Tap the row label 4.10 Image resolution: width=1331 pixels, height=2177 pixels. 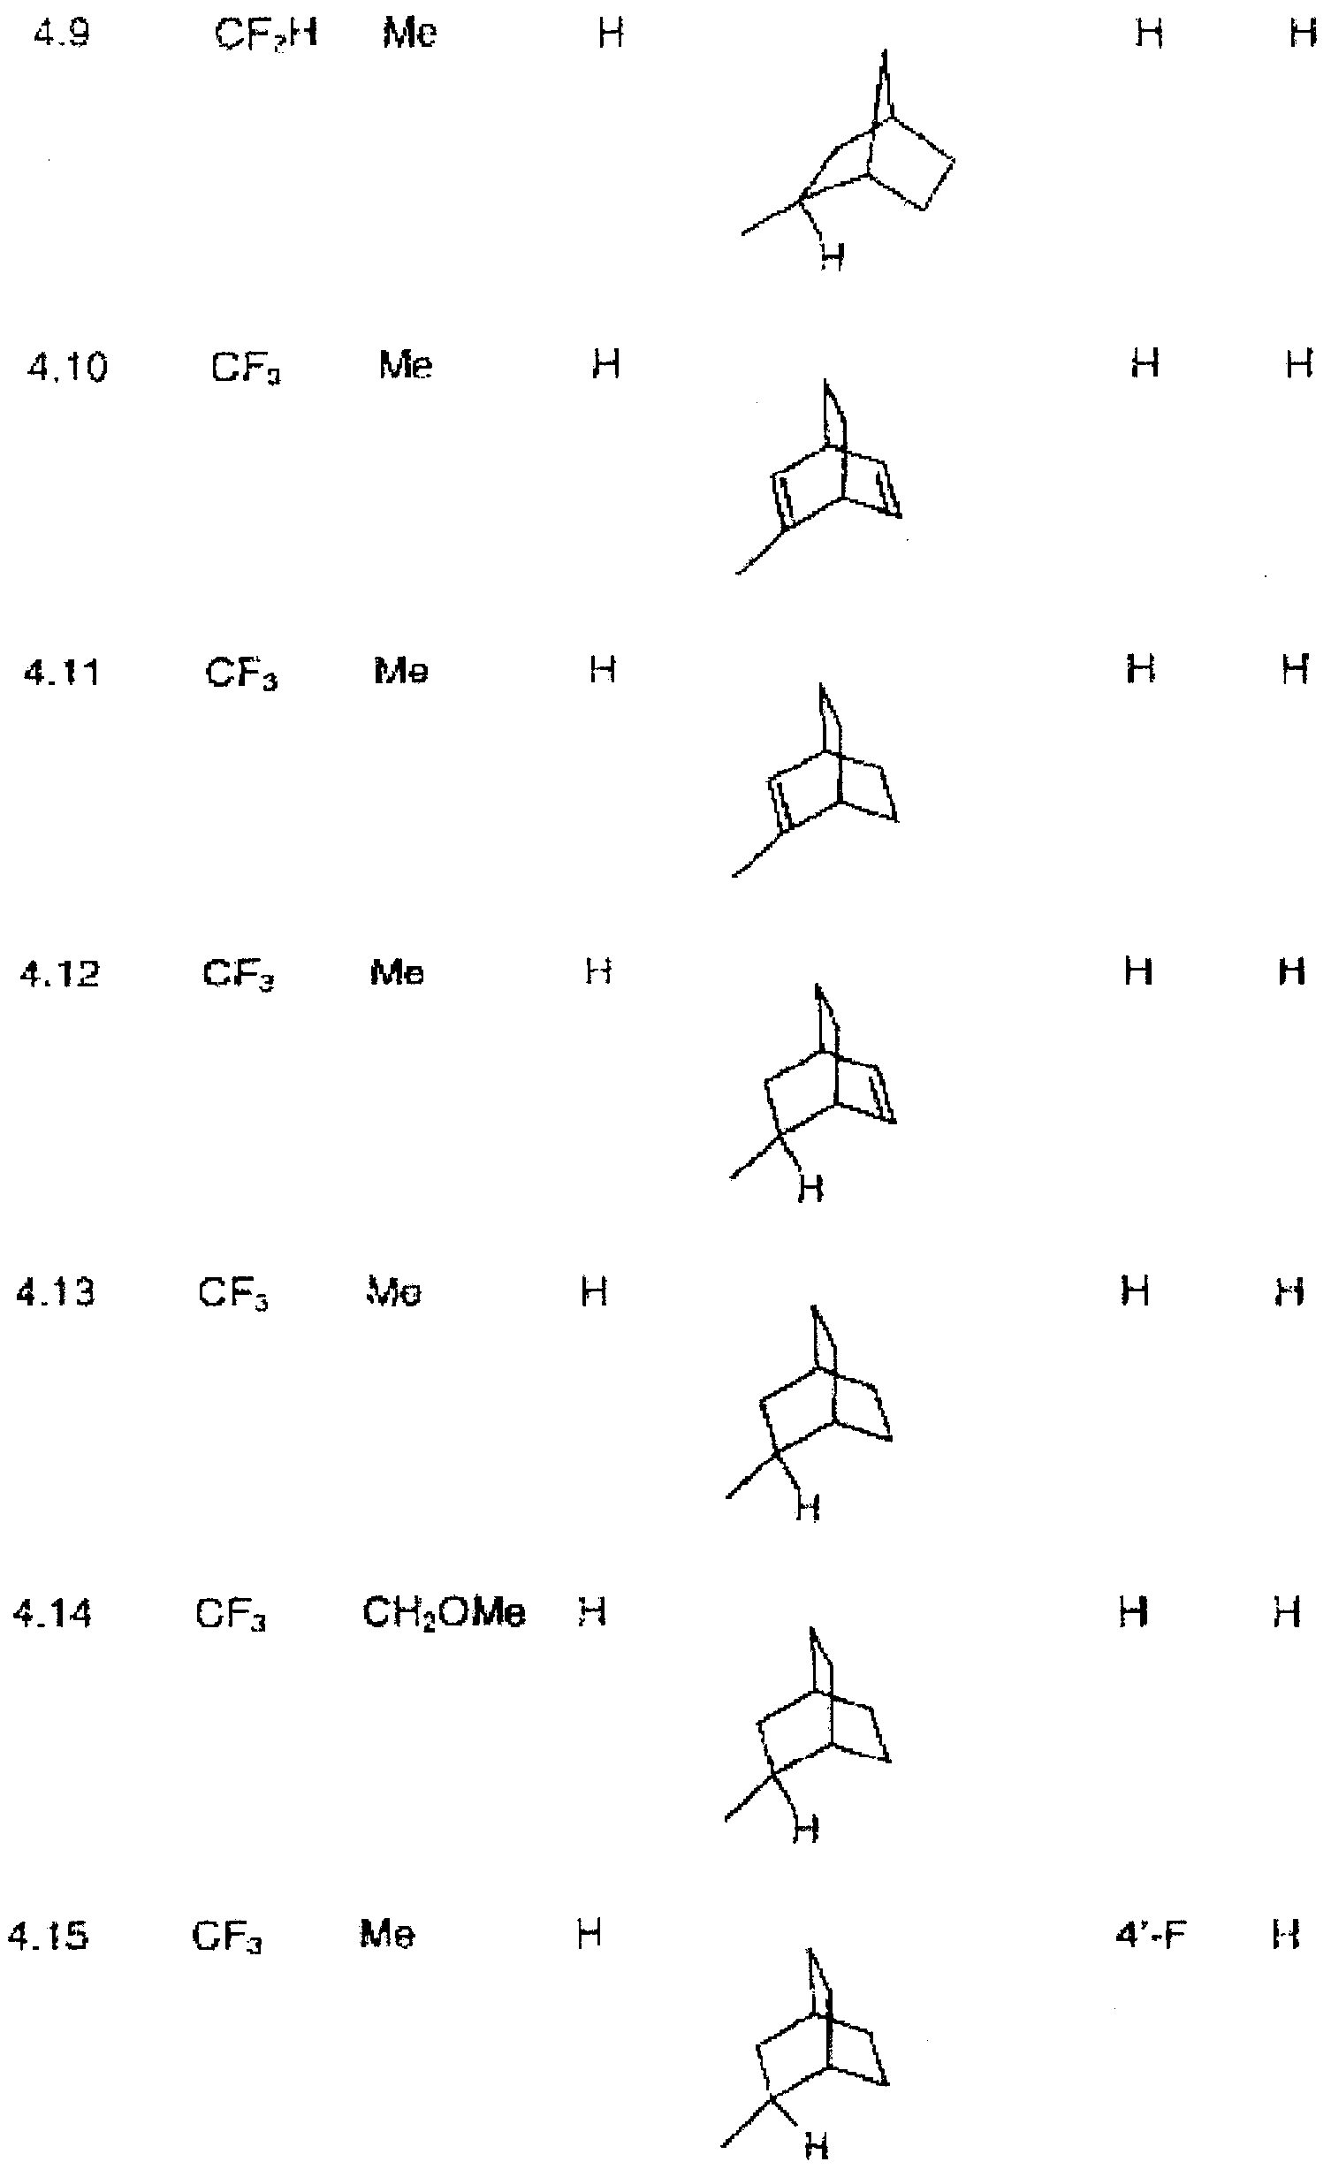[66, 367]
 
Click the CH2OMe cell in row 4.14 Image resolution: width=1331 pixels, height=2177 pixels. [444, 1614]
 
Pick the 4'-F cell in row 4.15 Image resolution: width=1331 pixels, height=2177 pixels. [1151, 1935]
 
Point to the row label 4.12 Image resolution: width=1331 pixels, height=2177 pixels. [59, 974]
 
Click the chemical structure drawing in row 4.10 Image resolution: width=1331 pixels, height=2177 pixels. [818, 477]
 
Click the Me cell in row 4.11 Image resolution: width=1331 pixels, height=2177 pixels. [399, 672]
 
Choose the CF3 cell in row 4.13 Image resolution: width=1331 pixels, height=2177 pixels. [233, 1295]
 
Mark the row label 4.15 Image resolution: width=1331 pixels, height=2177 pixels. [49, 1937]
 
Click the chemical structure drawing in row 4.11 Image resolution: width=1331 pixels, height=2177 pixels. [816, 780]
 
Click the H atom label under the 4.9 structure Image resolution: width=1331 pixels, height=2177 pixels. [832, 257]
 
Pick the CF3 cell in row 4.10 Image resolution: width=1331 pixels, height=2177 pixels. [247, 368]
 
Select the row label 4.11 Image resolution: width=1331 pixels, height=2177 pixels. [63, 673]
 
